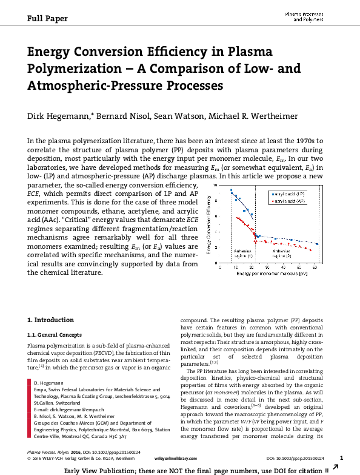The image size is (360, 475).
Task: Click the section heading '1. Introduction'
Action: (x=51, y=320)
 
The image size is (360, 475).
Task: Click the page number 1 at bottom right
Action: (x=342, y=458)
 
